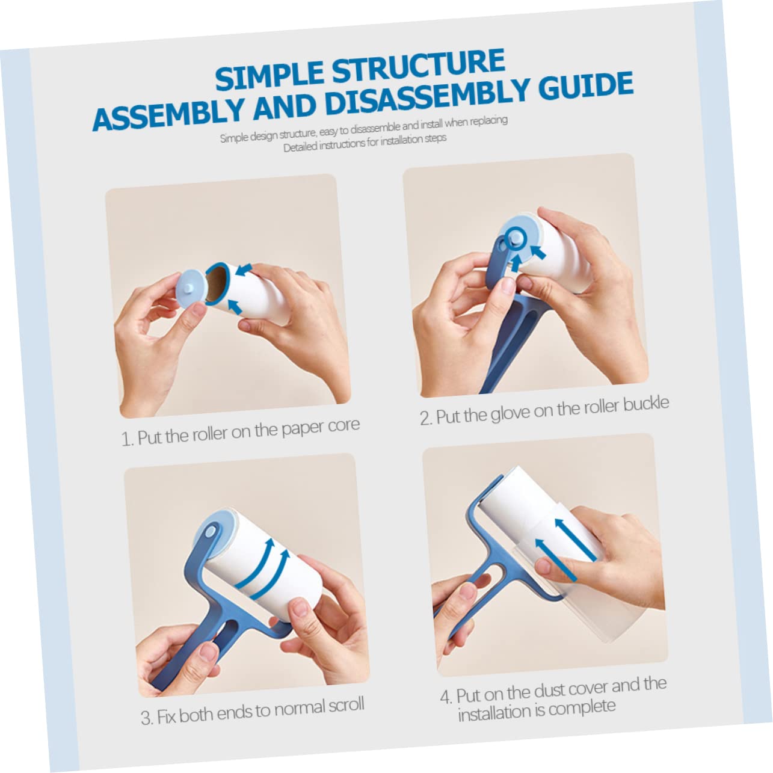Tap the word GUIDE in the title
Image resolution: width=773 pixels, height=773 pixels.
click(586, 85)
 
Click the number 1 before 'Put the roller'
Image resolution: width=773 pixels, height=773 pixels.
click(126, 440)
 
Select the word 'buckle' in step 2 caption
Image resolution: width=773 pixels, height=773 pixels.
click(646, 404)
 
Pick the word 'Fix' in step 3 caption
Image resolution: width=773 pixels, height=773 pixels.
click(165, 716)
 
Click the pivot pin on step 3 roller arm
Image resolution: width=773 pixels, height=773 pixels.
click(210, 533)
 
